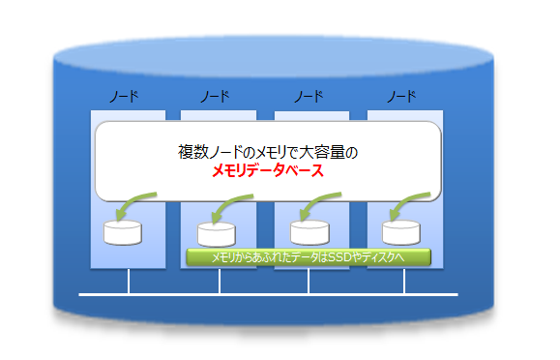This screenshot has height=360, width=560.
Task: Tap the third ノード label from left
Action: pyautogui.click(x=308, y=97)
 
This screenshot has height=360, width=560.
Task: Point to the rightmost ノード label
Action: pyautogui.click(x=400, y=97)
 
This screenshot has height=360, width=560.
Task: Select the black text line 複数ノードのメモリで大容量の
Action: pyautogui.click(x=268, y=152)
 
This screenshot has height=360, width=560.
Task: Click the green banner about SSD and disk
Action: pyautogui.click(x=308, y=258)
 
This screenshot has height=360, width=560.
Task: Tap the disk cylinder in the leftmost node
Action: pyautogui.click(x=123, y=233)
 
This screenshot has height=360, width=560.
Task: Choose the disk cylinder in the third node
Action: pyautogui.click(x=309, y=232)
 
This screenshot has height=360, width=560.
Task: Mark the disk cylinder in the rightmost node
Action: pyautogui.click(x=400, y=232)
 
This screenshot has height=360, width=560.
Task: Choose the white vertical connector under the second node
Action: pyautogui.click(x=220, y=282)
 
